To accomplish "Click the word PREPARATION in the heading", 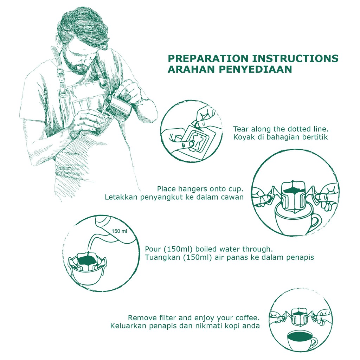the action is coord(209,59).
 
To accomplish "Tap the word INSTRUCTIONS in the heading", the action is coord(295,59).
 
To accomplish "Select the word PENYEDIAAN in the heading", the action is coord(255,69).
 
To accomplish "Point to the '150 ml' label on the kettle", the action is coord(119,231).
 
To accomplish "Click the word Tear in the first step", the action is coord(241,129).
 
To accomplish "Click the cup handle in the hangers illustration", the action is coord(316,223).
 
